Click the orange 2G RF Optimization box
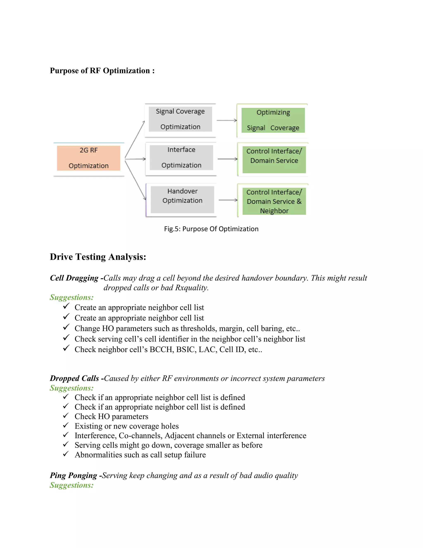coord(88,158)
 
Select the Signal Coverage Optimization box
coord(180,119)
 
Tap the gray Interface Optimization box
coord(181,158)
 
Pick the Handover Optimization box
coord(182,200)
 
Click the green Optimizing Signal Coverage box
coord(273,120)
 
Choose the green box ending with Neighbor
coord(274,201)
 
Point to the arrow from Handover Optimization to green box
coord(228,200)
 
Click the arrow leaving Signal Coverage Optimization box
coord(227,120)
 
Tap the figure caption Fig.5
coord(211,229)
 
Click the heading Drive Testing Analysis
coord(98,257)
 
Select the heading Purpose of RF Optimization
coord(102,71)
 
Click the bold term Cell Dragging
coord(74,278)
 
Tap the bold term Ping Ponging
coord(73,475)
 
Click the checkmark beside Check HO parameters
coord(66,416)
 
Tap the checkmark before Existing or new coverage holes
coord(66,425)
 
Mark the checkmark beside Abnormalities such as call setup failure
coord(66,454)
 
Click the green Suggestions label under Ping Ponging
coord(72,485)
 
